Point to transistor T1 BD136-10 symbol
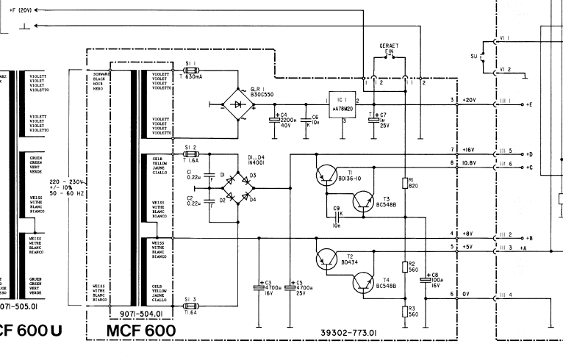tap(325, 175)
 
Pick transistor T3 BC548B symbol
tap(363, 200)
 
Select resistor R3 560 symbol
tap(405, 312)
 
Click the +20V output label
tap(470, 100)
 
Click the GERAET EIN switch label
tap(390, 49)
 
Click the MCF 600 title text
tap(140, 331)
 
